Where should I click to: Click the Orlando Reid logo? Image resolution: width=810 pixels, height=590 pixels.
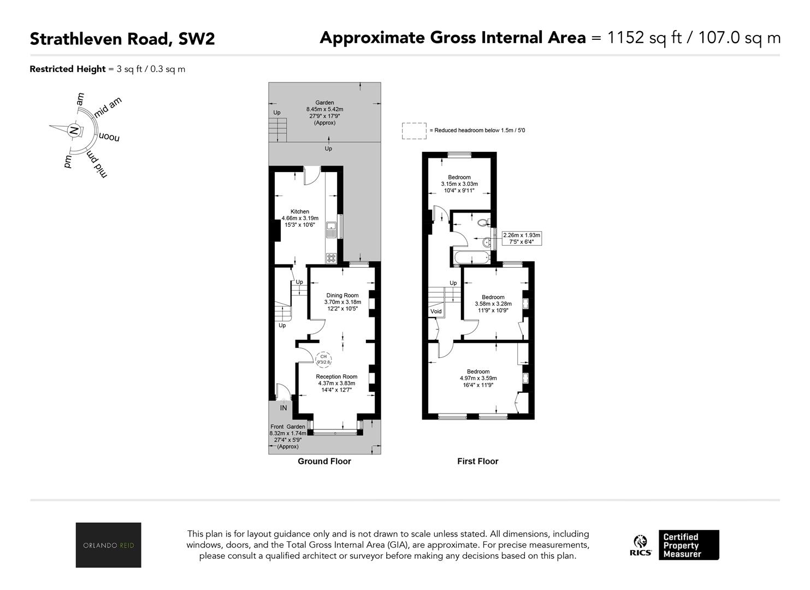tap(109, 545)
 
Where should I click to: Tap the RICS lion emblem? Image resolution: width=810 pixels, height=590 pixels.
tap(640, 541)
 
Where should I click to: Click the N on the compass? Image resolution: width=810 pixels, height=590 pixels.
tap(74, 131)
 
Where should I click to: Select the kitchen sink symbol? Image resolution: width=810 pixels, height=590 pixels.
tap(331, 229)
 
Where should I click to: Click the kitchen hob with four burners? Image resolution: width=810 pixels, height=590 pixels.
tap(331, 258)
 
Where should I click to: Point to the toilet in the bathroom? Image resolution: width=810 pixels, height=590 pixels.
tap(484, 222)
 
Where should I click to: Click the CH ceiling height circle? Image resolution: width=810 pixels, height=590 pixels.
tap(323, 359)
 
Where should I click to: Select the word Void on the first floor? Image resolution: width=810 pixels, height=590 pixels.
tap(436, 311)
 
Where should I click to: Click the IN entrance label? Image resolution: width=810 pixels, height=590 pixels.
tap(283, 408)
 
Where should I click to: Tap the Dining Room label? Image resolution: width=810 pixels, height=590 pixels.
tap(342, 295)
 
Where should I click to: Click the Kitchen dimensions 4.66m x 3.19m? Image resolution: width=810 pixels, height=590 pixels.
tap(300, 218)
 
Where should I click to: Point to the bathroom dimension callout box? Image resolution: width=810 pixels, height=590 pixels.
tap(522, 238)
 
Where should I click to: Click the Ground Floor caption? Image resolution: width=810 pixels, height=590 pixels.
tap(324, 461)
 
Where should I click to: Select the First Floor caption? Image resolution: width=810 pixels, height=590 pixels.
tap(478, 461)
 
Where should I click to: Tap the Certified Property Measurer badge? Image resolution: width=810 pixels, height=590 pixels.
tap(689, 545)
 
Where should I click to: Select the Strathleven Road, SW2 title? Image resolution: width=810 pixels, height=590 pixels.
tap(122, 39)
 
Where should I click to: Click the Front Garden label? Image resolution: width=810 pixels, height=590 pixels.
tap(288, 427)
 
